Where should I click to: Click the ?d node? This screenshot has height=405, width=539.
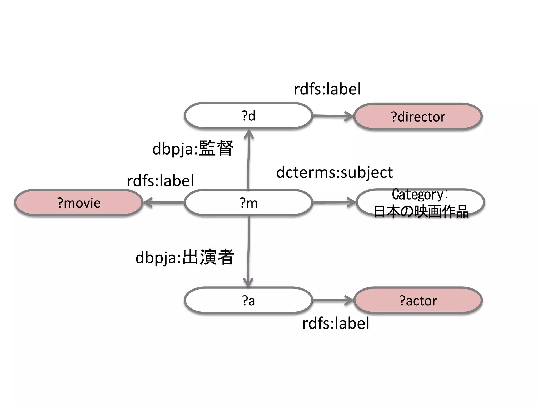[x=248, y=116]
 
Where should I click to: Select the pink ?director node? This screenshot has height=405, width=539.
[x=418, y=117]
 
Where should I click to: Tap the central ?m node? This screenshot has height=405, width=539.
[x=248, y=203]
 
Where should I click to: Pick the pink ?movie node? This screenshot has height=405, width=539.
[x=79, y=203]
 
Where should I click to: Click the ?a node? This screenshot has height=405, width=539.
[x=248, y=300]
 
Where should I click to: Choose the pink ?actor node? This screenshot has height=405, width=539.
[x=418, y=300]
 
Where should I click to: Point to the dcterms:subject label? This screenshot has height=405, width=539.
[x=334, y=173]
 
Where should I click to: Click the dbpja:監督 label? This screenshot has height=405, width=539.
[x=193, y=148]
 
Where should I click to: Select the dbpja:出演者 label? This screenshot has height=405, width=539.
[x=185, y=257]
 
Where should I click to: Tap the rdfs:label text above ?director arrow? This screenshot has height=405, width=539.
[x=327, y=89]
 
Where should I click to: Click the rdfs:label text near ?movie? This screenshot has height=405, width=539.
[x=160, y=181]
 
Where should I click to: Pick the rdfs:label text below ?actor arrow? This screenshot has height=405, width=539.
[x=336, y=323]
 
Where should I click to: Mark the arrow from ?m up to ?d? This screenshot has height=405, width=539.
[x=248, y=161]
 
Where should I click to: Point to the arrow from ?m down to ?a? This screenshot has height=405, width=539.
[x=248, y=250]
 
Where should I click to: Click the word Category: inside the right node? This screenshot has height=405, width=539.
[x=420, y=195]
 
